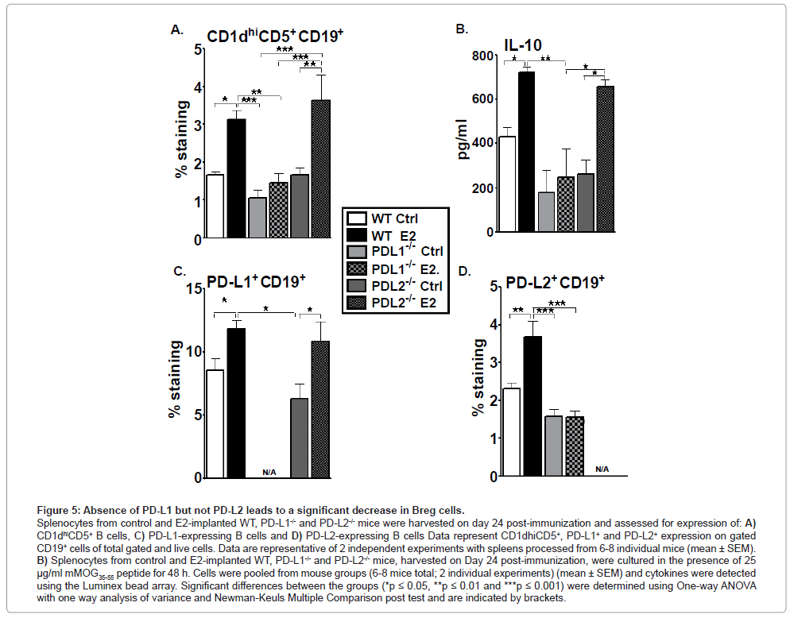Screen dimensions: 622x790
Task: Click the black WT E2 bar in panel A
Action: pyautogui.click(x=235, y=179)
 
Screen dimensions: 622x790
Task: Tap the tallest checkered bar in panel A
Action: pyautogui.click(x=320, y=169)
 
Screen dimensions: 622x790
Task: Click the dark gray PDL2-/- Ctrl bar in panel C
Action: pyautogui.click(x=299, y=438)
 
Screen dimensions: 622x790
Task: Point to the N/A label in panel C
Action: pyautogui.click(x=269, y=473)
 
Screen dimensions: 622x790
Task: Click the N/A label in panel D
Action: pyautogui.click(x=602, y=469)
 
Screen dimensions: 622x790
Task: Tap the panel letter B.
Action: pyautogui.click(x=460, y=29)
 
